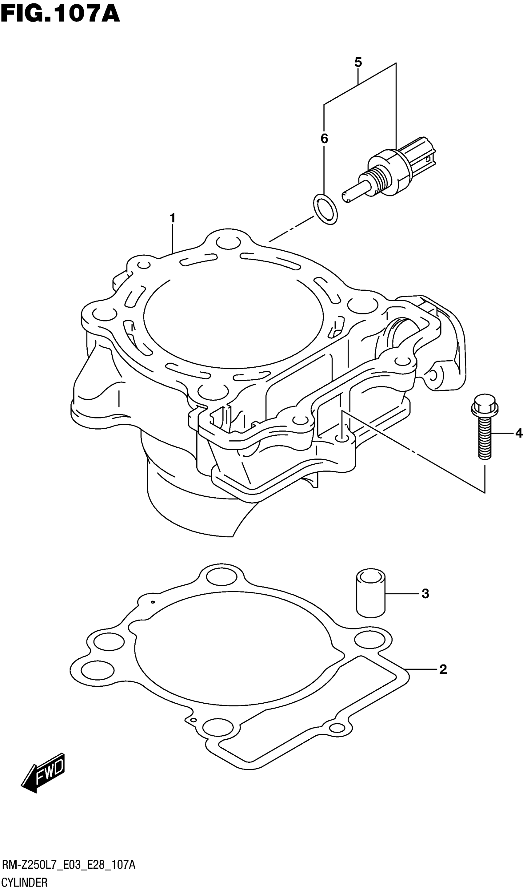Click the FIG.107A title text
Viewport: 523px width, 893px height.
coord(60,14)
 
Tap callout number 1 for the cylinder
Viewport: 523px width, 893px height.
coord(173,218)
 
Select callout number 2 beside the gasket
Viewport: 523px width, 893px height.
coord(443,669)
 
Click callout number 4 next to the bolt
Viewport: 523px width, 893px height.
coord(518,433)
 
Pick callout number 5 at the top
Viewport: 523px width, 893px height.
coord(358,63)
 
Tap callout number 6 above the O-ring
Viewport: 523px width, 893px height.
coord(324,139)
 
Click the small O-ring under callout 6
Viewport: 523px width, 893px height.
coord(325,209)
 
